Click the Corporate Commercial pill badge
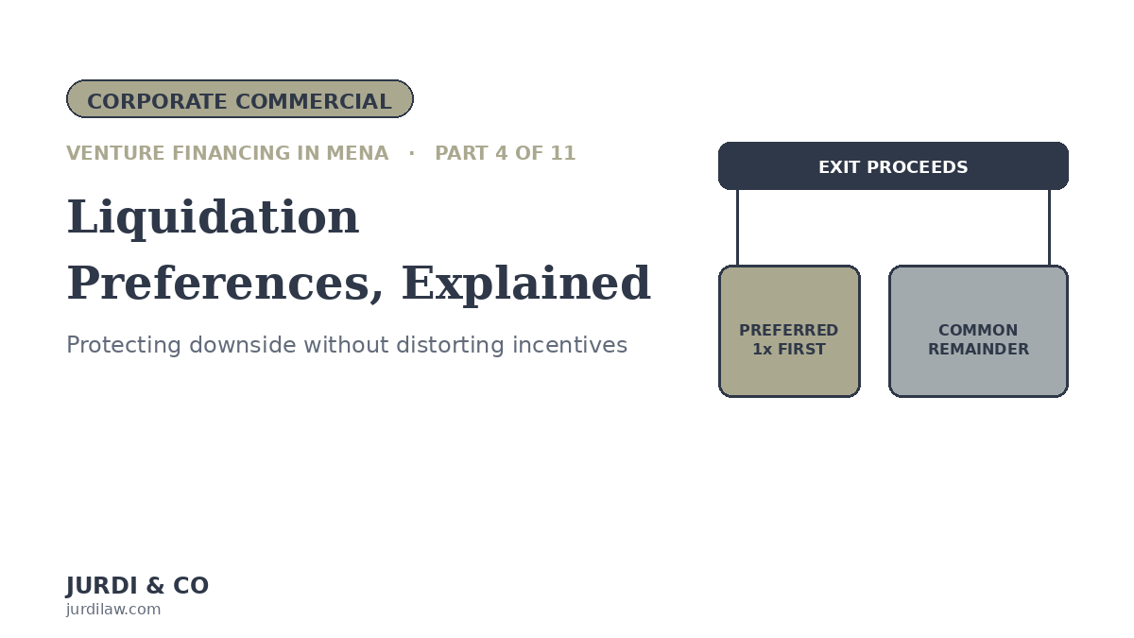240,98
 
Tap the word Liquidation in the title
214,217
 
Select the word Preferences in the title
225,284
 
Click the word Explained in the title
526,285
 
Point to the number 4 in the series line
501,153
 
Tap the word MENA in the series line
357,153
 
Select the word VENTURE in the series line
115,153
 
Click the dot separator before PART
412,153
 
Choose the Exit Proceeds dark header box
893,166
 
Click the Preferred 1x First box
789,331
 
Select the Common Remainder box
978,331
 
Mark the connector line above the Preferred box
738,228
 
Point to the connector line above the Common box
1050,228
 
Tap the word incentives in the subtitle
570,345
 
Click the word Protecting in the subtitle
124,346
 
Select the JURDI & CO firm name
137,586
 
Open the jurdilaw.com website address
113,609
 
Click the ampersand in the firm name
155,586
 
